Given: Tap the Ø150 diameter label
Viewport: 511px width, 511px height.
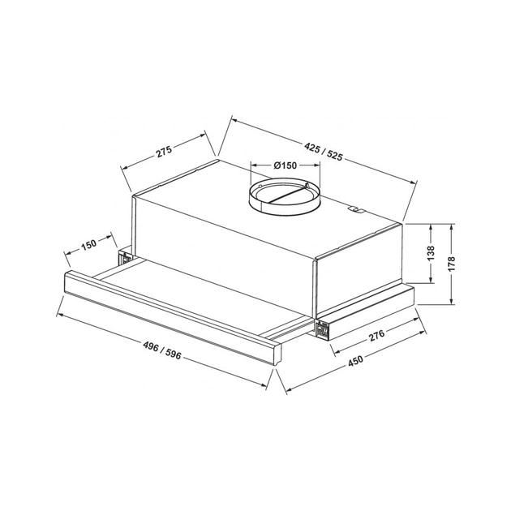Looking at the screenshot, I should click(x=284, y=165).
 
